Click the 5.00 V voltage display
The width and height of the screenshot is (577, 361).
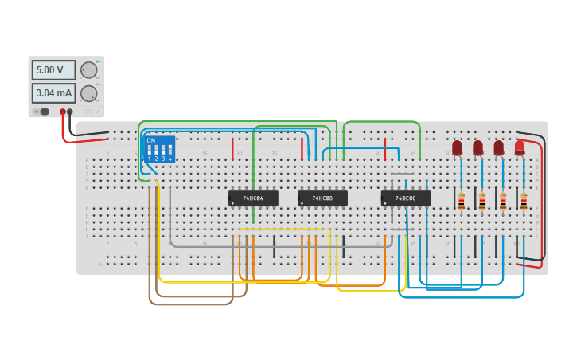point(53,70)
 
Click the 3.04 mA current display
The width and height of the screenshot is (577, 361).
point(53,93)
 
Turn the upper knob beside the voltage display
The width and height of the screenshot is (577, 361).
point(88,70)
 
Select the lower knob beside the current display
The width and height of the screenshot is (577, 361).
point(88,93)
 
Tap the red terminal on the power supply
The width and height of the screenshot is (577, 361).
point(63,112)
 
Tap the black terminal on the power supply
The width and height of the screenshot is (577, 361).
point(70,112)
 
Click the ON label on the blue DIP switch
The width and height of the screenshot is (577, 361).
point(151,141)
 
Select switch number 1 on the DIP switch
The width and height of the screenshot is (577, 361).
point(149,150)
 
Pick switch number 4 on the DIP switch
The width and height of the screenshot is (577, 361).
point(170,150)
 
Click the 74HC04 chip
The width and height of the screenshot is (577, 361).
point(253,198)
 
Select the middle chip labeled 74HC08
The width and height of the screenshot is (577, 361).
point(322,198)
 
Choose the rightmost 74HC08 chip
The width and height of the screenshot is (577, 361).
point(406,198)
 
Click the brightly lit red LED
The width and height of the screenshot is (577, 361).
point(520,147)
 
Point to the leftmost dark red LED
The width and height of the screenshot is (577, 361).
point(457,147)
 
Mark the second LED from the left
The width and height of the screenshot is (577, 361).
point(478,147)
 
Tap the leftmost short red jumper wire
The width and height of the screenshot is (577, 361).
point(232,148)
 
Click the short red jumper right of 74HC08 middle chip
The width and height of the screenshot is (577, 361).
point(385,148)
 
